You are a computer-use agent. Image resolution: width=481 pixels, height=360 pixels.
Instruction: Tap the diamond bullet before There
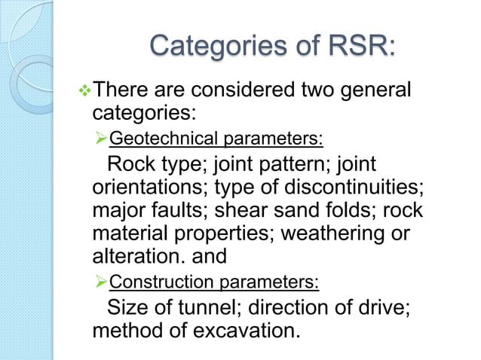(x=84, y=92)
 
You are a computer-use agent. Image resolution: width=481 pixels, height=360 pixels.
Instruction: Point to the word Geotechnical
(x=153, y=139)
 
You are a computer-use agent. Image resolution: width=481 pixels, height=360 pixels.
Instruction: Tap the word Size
(x=127, y=308)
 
